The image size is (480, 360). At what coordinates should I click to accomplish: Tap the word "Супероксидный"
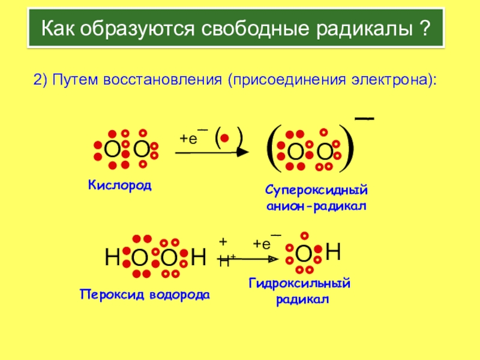click(x=316, y=191)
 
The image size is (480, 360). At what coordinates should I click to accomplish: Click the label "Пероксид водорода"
click(x=145, y=295)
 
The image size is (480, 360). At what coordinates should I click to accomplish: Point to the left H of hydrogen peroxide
click(x=112, y=259)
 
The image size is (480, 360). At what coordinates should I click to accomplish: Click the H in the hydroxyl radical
click(x=334, y=253)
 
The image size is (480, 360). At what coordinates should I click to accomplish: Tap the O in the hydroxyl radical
click(x=304, y=254)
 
